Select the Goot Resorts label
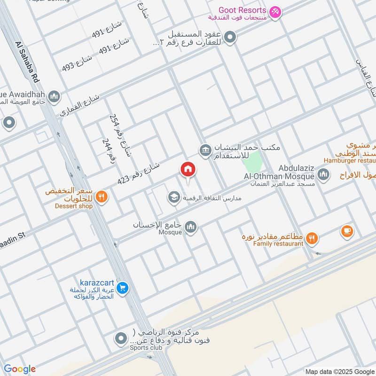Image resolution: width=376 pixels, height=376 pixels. tap(243, 10)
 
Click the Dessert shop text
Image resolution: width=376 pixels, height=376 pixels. tap(67, 206)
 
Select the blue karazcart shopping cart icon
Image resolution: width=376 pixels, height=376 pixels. tap(122, 288)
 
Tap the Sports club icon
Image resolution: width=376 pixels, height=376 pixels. tap(121, 338)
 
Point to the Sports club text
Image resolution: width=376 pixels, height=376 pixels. tap(146, 348)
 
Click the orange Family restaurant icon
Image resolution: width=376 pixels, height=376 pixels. tap(311, 239)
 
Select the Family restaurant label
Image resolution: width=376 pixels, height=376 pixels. tap(278, 243)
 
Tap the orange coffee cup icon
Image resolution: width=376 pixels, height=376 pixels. tap(347, 231)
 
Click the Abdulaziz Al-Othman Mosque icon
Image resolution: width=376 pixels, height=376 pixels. tap(323, 175)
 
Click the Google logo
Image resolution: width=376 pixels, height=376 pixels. tap(19, 369)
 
